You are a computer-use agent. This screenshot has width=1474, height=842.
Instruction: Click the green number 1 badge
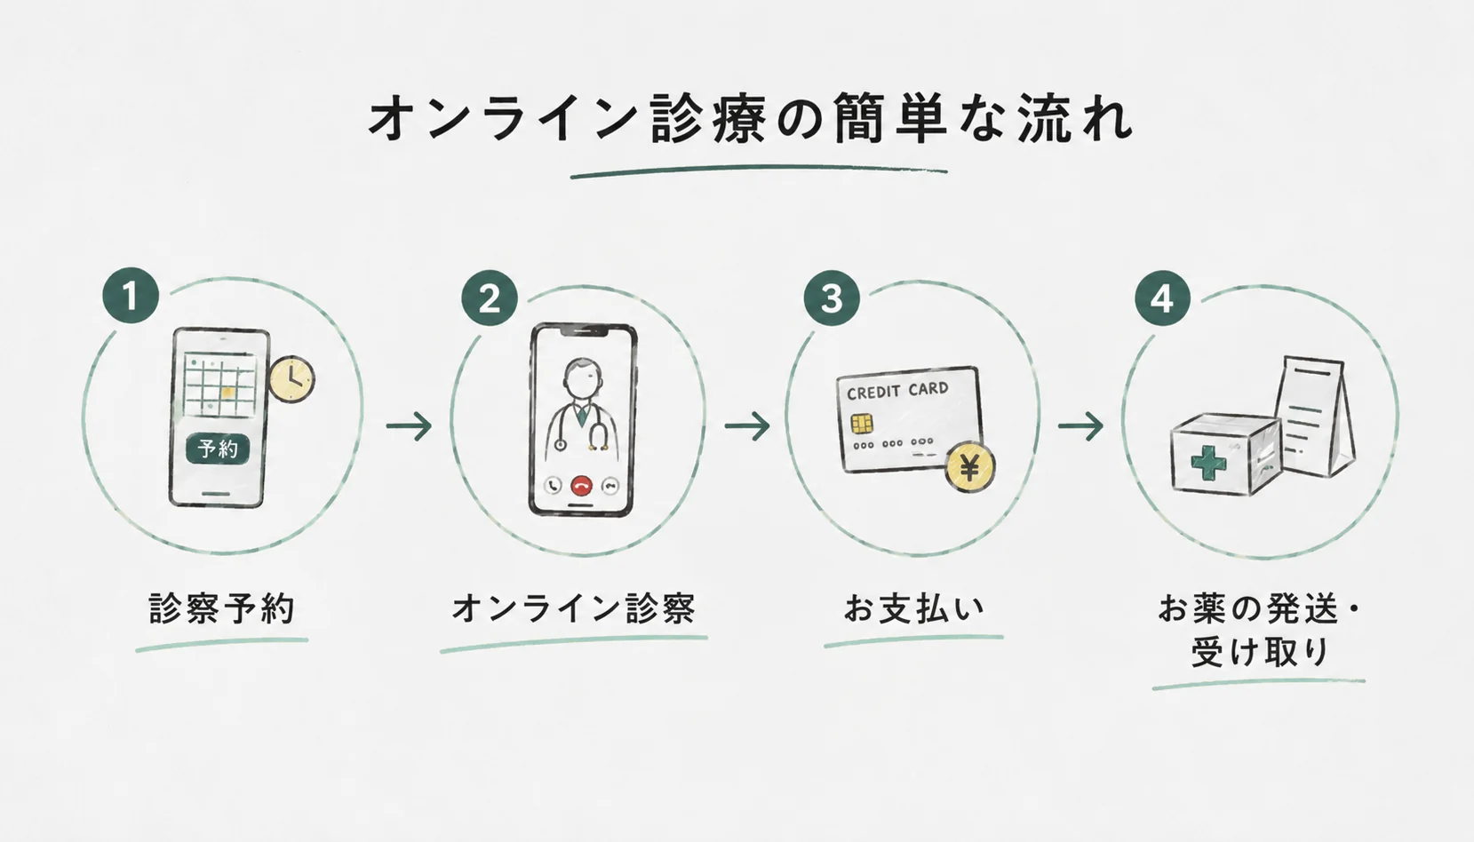click(x=131, y=295)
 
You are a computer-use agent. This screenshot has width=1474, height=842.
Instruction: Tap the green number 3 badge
click(x=832, y=298)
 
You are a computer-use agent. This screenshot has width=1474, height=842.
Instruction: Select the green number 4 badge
click(x=1162, y=298)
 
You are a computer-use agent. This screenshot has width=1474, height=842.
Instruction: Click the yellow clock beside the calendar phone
click(x=291, y=379)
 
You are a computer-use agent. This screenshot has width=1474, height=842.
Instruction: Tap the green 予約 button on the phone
click(x=218, y=449)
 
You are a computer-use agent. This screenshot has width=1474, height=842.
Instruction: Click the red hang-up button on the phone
click(x=581, y=486)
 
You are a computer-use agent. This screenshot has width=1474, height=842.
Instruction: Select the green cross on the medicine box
click(x=1209, y=463)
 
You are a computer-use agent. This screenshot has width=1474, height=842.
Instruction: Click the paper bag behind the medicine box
click(x=1315, y=417)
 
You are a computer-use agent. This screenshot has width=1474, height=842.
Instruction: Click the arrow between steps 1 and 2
click(x=409, y=426)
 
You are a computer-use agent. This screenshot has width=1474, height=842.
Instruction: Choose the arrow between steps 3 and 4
click(x=1080, y=426)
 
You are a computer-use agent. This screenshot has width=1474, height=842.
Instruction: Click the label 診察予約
click(x=222, y=608)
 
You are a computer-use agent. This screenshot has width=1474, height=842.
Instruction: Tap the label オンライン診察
click(x=573, y=608)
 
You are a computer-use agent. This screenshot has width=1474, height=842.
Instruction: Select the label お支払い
click(x=914, y=608)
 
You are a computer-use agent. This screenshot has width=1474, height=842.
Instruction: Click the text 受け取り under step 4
click(x=1260, y=653)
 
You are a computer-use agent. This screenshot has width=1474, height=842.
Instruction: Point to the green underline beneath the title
click(x=759, y=171)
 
